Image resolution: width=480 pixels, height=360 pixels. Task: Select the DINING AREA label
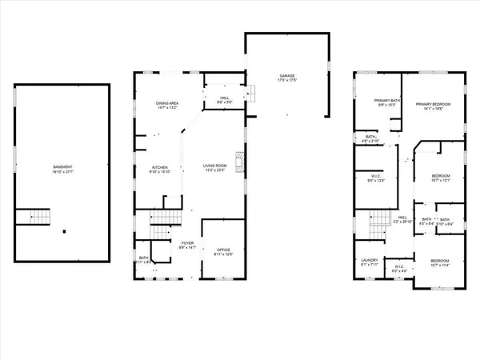[168, 104]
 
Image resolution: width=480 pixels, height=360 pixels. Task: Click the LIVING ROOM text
[216, 166]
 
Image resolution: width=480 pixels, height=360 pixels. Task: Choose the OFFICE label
[223, 250]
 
